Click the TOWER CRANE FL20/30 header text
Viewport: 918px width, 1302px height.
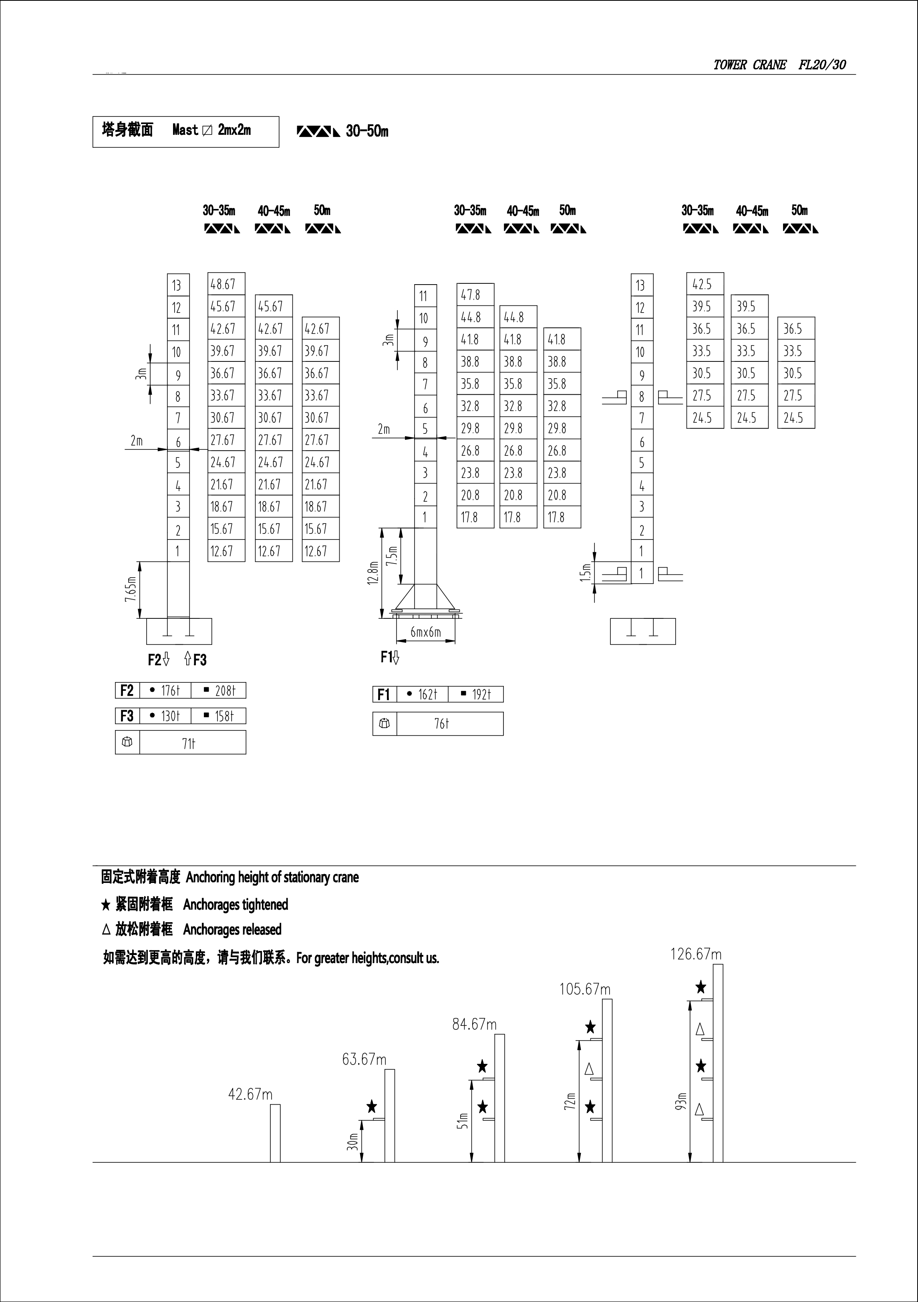tap(779, 65)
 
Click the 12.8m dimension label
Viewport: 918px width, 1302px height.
tap(373, 573)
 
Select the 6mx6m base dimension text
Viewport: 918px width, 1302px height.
tap(425, 632)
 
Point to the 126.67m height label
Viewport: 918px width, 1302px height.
tap(696, 954)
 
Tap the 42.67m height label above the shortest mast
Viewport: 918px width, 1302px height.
tap(250, 1094)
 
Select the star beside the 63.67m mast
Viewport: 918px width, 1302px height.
tap(372, 1106)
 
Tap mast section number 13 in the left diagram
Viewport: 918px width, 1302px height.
tap(177, 285)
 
